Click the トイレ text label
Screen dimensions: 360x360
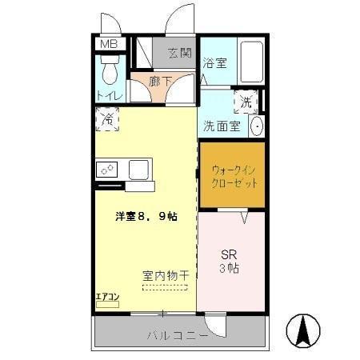[109, 96]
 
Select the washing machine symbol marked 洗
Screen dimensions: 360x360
[246, 102]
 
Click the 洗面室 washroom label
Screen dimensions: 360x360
[221, 126]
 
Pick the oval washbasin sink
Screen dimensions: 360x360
[258, 126]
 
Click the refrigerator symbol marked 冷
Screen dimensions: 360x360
[106, 120]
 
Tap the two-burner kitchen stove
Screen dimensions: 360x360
[107, 170]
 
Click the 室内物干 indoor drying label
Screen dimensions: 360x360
[166, 274]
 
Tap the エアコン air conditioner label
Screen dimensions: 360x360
[107, 298]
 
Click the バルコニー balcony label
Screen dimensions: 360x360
[177, 334]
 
